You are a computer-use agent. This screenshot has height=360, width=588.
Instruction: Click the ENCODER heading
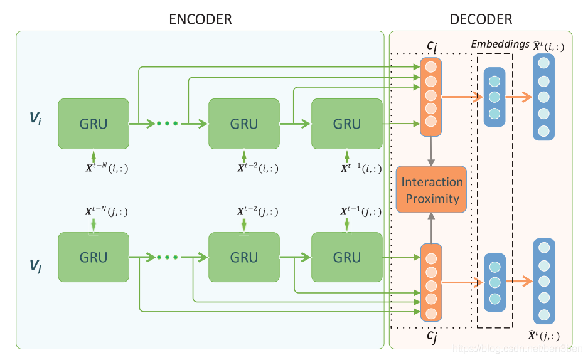coord(200,19)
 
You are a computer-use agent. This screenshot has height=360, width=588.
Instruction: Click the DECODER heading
coord(481,19)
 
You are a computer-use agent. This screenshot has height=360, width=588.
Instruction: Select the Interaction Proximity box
coord(431,190)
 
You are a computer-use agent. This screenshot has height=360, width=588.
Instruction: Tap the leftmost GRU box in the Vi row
coord(94,124)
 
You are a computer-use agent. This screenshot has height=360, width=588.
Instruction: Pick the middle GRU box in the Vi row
coord(243,124)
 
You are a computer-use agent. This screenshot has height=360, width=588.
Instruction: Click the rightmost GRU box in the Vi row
coord(346,124)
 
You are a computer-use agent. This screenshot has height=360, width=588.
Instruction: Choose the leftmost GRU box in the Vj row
coord(94,257)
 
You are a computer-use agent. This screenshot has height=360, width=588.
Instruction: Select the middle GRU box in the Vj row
coord(243,257)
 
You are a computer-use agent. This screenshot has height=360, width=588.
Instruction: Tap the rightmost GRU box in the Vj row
coord(346,257)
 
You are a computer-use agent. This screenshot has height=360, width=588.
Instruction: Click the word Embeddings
coord(499,44)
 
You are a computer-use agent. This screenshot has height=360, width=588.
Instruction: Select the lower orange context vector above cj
coord(431,284)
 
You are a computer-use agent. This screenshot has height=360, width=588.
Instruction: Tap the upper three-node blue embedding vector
coord(494,97)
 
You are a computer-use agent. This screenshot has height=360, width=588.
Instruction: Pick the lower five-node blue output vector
coord(543,280)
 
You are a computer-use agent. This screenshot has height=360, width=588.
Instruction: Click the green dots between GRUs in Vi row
coord(168,124)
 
